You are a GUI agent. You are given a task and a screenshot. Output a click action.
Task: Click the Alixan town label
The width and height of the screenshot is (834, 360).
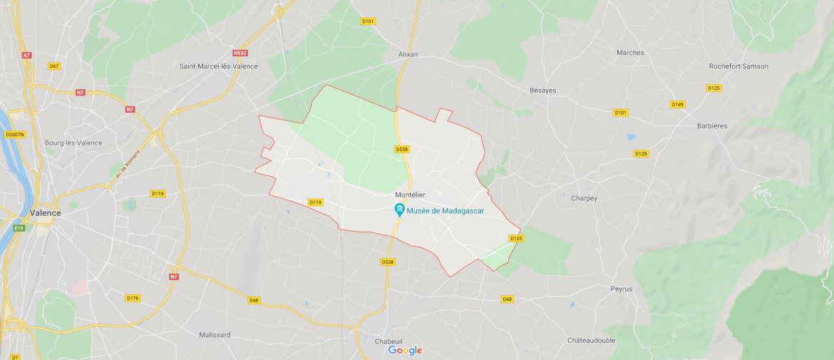pyautogui.click(x=408, y=54)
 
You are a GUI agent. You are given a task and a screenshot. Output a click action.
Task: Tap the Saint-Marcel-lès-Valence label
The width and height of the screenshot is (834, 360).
pyautogui.click(x=218, y=66)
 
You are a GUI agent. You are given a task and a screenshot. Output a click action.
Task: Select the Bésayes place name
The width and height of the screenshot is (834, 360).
pyautogui.click(x=542, y=91)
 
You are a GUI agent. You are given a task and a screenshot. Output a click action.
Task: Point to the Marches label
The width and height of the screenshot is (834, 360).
pyautogui.click(x=630, y=53)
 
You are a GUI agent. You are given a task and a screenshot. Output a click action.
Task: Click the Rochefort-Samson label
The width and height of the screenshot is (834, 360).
pyautogui.click(x=738, y=66)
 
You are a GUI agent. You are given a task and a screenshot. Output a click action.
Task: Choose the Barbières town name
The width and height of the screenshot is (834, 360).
pyautogui.click(x=712, y=126)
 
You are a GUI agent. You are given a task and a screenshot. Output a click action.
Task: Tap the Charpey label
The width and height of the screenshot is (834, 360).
pyautogui.click(x=584, y=198)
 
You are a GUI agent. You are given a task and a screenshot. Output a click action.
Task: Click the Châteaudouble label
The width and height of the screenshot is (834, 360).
pyautogui.click(x=591, y=340)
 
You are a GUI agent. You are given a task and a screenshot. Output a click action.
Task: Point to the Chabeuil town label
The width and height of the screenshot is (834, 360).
pyautogui.click(x=388, y=341)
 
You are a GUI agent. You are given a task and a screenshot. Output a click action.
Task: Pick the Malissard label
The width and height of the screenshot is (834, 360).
pyautogui.click(x=215, y=334)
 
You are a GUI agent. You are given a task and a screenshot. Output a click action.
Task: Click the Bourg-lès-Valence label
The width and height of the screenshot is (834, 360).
pyautogui.click(x=73, y=143)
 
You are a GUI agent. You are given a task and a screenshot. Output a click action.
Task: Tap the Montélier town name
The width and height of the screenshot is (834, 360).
pyautogui.click(x=410, y=195)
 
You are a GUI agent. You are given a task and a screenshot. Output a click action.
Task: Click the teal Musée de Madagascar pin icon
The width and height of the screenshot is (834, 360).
pyautogui.click(x=400, y=210)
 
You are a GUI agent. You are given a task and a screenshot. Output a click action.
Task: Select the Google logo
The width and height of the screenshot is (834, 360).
pyautogui.click(x=405, y=350)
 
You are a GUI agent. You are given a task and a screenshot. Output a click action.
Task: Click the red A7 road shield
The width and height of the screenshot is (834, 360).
pyautogui.click(x=26, y=55)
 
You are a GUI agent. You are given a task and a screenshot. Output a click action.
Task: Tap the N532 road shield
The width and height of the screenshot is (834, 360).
pyautogui.click(x=240, y=53)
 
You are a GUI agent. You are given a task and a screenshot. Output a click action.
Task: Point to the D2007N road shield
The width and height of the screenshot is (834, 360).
pyautogui.click(x=14, y=134)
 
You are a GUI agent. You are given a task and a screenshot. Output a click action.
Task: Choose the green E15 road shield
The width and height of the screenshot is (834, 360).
pyautogui.click(x=19, y=228)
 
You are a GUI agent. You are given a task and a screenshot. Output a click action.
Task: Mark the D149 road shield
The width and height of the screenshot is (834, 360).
pyautogui.click(x=677, y=104)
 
